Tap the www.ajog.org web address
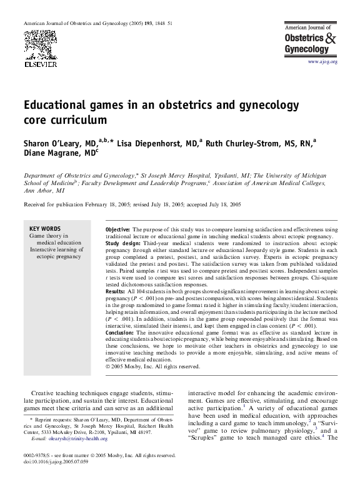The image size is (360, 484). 322,62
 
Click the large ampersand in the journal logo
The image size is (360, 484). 330,38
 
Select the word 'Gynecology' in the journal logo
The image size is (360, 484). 306,49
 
